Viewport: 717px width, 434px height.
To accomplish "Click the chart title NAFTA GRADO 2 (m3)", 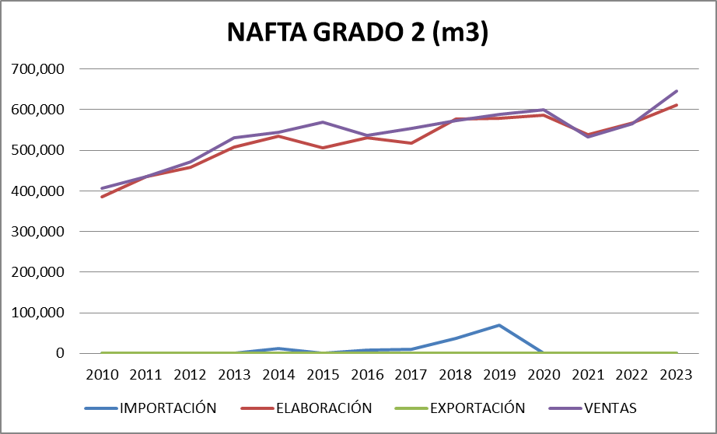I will click(358, 33).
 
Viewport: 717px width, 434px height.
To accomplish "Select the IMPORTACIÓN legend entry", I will click(167, 408).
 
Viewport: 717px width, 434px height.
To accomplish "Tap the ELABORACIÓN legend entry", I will click(323, 408).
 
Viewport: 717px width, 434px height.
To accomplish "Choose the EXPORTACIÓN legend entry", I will click(477, 408).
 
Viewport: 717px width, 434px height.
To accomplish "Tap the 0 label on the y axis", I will click(59, 354).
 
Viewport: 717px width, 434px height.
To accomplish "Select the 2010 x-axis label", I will click(102, 374).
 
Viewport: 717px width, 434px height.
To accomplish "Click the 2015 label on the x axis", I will click(323, 374).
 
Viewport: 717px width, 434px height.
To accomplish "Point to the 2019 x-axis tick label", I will click(499, 374).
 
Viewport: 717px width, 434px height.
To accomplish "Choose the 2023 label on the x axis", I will click(676, 374).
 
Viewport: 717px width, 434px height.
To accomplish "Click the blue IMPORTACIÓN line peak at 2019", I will click(499, 325).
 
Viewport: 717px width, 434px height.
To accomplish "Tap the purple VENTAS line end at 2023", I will click(676, 91).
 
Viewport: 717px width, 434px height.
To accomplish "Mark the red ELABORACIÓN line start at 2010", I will click(102, 197).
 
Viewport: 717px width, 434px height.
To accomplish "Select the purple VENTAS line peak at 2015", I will click(323, 122).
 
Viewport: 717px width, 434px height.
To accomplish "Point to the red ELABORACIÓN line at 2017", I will click(411, 143).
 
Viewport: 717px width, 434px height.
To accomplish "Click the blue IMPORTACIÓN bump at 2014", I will click(278, 348).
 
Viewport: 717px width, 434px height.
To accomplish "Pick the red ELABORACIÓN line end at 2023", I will click(676, 105).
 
